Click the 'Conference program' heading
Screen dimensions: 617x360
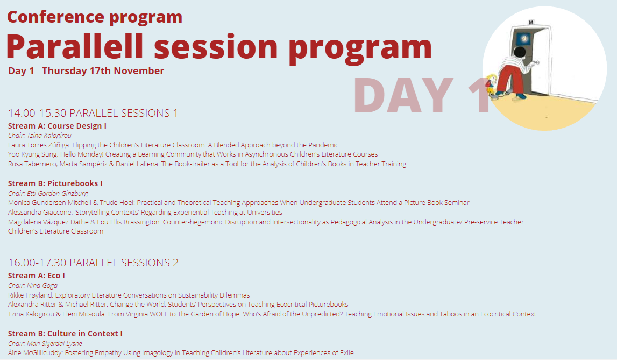(x=95, y=17)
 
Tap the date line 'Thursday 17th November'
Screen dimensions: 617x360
(x=103, y=71)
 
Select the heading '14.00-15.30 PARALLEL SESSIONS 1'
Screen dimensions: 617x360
(x=93, y=114)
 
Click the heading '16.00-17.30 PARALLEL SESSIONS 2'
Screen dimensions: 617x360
(x=93, y=263)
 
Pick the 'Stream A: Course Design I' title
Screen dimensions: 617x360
(x=57, y=126)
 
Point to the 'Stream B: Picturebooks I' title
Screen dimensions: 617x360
(x=55, y=183)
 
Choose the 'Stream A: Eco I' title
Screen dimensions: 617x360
(x=37, y=276)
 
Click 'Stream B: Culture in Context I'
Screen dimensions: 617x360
(x=65, y=334)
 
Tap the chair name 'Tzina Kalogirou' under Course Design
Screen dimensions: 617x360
(x=49, y=136)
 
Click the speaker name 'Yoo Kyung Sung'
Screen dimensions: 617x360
(x=33, y=154)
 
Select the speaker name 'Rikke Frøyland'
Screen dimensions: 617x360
(x=30, y=295)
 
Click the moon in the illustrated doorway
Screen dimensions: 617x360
(x=524, y=38)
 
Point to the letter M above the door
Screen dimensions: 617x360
(x=531, y=23)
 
